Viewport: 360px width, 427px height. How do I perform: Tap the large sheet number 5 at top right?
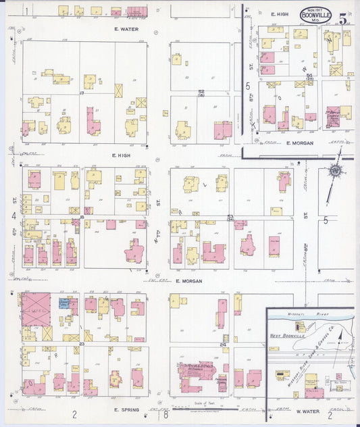(x=344, y=20)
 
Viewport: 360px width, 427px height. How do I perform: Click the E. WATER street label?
(x=126, y=30)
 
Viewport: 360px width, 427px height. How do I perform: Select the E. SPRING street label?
(x=126, y=409)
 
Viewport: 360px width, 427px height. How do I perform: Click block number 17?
(x=82, y=93)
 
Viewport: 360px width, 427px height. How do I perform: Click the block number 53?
(x=230, y=217)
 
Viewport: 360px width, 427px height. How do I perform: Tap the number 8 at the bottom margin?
(x=165, y=413)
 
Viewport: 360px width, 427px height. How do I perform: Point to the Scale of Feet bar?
(x=195, y=407)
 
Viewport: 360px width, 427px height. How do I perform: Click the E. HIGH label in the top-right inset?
(x=280, y=14)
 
